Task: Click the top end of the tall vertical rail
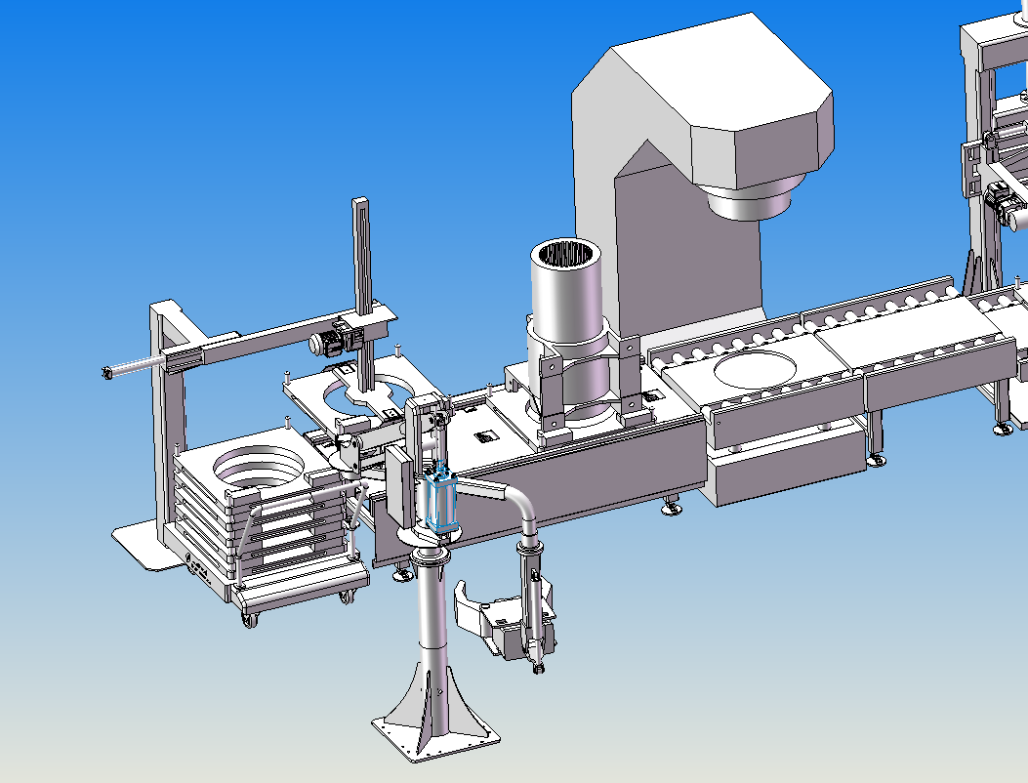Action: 361,204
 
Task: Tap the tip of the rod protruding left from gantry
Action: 106,371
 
